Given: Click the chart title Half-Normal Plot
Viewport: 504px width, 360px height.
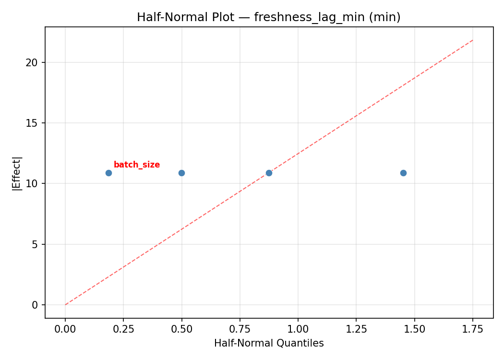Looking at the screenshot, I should tap(269, 17).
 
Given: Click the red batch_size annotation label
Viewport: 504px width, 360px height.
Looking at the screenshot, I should tap(137, 165).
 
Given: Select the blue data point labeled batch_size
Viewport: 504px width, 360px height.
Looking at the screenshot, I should tap(108, 173).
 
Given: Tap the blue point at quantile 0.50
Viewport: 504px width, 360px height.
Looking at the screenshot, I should tap(181, 173).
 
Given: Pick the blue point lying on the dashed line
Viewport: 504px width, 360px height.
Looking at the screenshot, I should tap(269, 173).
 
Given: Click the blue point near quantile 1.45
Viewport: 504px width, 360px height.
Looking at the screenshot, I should tap(403, 173).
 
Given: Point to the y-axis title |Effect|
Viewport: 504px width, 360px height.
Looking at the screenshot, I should tap(17, 173).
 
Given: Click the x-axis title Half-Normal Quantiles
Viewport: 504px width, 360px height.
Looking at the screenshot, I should tap(269, 343).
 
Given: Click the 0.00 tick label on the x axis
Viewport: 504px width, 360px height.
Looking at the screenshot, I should tap(65, 329).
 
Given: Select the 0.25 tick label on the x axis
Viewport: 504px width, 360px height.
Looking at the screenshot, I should tap(123, 329).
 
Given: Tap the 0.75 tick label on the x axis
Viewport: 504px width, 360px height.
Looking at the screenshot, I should tap(240, 329).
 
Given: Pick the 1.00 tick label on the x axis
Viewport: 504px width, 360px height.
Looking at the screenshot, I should tap(298, 329).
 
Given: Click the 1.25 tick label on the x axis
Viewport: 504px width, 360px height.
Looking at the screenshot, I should tap(356, 329).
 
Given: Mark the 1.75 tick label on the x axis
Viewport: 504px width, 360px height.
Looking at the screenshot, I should tap(472, 329).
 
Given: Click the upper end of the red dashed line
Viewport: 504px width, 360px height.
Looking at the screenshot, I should tap(473, 40).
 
